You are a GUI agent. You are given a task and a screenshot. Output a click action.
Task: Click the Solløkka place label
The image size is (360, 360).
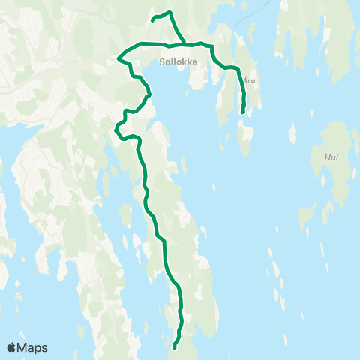[x=178, y=63]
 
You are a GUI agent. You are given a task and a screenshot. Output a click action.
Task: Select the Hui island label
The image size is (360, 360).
[x=331, y=158]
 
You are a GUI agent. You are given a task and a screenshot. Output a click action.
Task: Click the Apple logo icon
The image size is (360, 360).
[x=12, y=347]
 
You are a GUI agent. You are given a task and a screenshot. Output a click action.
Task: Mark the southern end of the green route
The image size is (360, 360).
[x=174, y=347]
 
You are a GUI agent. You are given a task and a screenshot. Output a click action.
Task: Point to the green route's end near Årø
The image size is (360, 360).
[x=242, y=112]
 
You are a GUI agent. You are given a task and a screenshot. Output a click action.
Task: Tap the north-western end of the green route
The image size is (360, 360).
[x=152, y=19]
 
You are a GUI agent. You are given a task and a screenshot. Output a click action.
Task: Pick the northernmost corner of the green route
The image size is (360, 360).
[x=170, y=12]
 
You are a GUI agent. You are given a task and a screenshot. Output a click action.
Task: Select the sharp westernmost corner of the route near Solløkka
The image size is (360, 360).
[x=119, y=57]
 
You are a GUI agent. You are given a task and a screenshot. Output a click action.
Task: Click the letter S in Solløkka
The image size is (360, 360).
[x=163, y=63]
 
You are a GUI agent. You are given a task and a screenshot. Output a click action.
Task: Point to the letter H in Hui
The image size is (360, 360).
[x=326, y=158]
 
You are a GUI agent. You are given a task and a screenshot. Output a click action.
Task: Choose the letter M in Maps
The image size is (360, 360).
[x=22, y=347]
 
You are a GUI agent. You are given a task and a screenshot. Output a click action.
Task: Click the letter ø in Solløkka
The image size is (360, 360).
[x=177, y=63]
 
